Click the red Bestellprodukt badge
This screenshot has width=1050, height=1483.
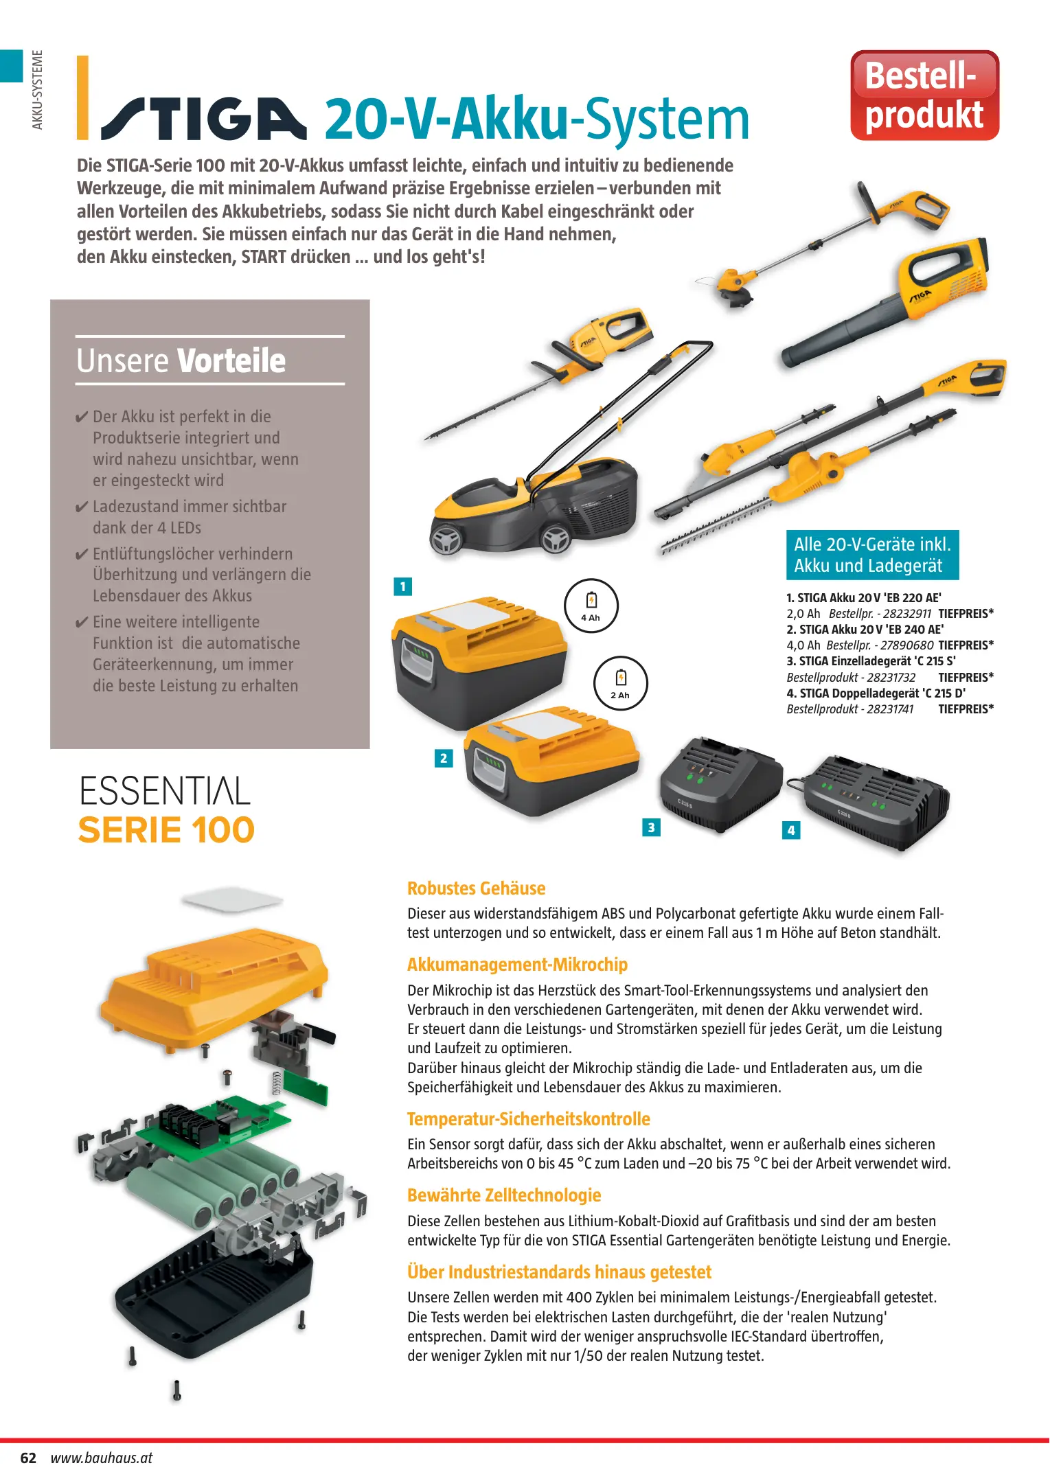[924, 95]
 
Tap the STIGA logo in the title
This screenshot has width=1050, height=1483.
[204, 118]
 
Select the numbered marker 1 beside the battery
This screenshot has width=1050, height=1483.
[402, 586]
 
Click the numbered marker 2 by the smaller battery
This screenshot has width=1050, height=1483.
[444, 758]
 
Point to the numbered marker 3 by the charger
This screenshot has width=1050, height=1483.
[651, 827]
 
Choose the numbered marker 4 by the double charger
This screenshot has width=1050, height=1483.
[791, 830]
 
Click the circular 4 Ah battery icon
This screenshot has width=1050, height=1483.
[591, 606]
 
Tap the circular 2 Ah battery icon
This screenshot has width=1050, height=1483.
[620, 683]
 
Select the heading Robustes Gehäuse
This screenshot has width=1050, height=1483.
[477, 888]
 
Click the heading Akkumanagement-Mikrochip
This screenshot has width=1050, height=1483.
[517, 965]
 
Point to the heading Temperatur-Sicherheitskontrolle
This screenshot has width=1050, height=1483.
[529, 1119]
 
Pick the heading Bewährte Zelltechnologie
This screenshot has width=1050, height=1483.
[504, 1195]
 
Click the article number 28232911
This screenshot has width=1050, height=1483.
[907, 614]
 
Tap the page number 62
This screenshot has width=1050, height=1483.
[28, 1458]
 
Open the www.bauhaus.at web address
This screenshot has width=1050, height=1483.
[102, 1458]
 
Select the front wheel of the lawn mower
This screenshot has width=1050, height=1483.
[447, 540]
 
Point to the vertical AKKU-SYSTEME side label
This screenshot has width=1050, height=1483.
[38, 89]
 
